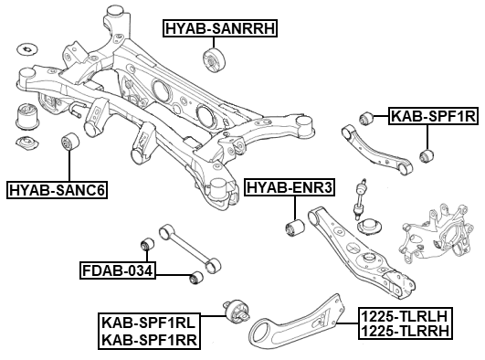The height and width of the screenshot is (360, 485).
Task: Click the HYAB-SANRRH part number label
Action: [x=219, y=28]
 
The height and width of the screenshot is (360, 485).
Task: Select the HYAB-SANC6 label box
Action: [x=57, y=190]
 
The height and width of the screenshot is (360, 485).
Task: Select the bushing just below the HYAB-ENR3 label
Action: [x=293, y=226]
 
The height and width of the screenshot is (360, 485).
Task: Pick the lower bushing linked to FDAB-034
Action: [x=194, y=278]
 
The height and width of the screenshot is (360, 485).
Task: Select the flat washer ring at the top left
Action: [x=26, y=47]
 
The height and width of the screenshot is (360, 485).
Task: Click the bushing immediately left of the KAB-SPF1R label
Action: [x=367, y=116]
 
